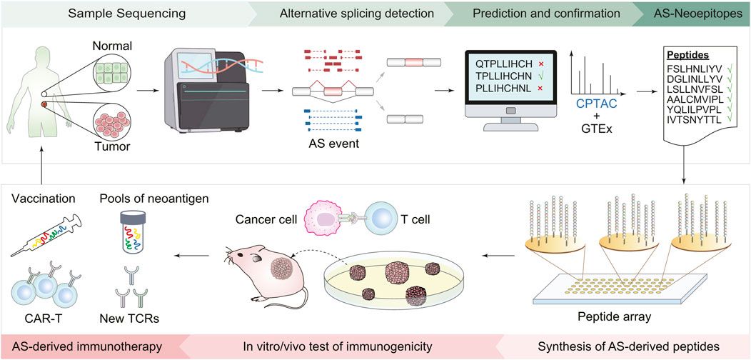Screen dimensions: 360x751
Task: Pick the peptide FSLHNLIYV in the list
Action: [695, 67]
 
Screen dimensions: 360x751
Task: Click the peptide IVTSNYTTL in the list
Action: [695, 119]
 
